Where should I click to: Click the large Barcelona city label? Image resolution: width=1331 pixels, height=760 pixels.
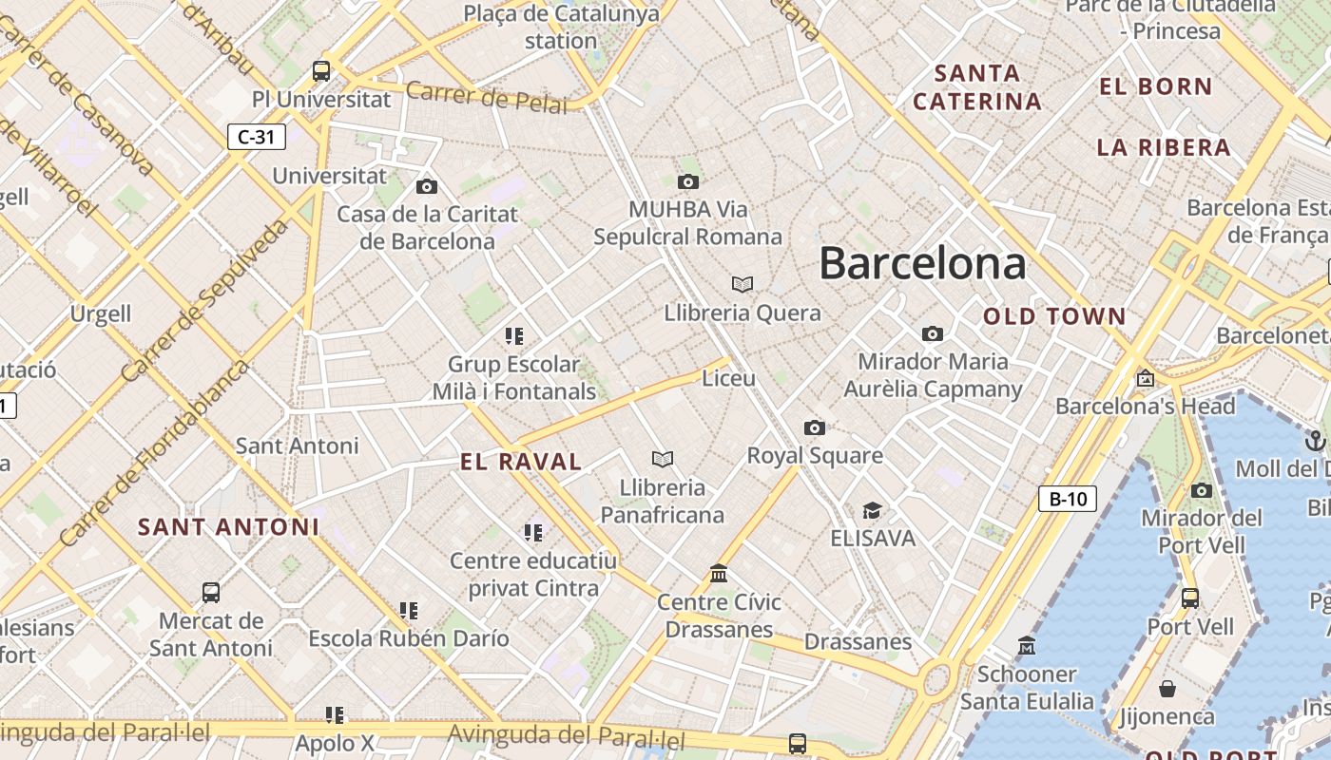[922, 263]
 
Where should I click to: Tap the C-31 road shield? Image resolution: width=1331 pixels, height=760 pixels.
[256, 137]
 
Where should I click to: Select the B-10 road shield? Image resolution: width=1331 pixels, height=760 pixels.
[1067, 499]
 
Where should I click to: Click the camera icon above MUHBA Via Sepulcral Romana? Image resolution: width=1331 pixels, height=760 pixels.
[688, 181]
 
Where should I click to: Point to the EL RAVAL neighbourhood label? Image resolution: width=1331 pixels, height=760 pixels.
[521, 463]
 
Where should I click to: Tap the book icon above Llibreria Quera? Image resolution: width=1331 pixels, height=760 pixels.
[743, 284]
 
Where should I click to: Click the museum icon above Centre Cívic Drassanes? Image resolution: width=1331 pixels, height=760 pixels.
[719, 574]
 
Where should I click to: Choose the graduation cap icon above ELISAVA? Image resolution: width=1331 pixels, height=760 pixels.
[872, 511]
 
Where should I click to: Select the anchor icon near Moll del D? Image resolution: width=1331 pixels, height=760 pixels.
[1316, 441]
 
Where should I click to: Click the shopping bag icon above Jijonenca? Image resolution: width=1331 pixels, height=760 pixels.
[1167, 689]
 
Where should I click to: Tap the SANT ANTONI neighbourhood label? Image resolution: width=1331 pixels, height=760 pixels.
[228, 526]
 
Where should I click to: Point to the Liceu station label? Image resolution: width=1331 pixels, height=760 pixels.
[728, 378]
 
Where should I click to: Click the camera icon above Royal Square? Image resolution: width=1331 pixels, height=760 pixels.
[815, 427]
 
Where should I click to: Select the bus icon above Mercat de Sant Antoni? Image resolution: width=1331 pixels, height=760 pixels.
[211, 593]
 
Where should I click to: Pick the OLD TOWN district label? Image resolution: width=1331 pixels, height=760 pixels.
[1054, 316]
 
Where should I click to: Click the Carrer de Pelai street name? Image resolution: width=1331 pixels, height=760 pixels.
[487, 97]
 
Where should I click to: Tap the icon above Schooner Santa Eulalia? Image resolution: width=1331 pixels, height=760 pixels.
[1027, 647]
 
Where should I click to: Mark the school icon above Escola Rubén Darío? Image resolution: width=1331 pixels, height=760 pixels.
[409, 610]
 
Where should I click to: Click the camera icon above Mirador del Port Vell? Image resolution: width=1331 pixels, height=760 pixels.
[1202, 490]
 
